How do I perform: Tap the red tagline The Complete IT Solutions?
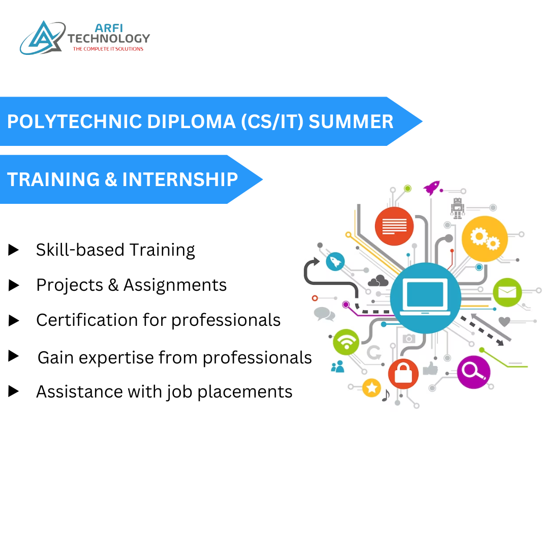click(108, 49)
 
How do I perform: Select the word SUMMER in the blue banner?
click(351, 121)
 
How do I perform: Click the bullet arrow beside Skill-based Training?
click(14, 250)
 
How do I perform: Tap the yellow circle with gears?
click(484, 238)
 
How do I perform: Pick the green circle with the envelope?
click(507, 292)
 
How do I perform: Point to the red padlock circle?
click(403, 374)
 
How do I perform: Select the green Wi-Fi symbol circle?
click(346, 342)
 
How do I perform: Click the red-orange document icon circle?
click(394, 225)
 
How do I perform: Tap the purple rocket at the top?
click(432, 188)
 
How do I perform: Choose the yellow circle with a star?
click(372, 388)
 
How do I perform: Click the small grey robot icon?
click(457, 207)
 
